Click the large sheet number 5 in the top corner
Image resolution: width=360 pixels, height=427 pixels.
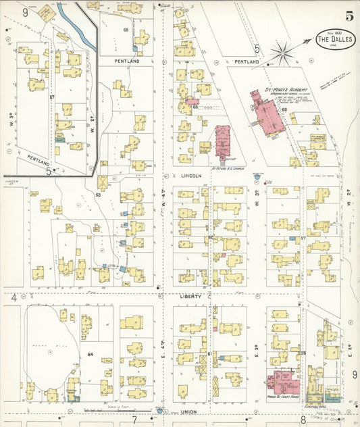point(349,16)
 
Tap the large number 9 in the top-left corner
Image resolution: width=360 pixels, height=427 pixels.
point(26,12)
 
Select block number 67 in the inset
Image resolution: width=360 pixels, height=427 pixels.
point(52,97)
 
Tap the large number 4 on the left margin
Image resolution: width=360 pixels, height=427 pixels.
point(14,297)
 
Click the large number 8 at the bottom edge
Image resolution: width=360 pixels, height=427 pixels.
point(304,420)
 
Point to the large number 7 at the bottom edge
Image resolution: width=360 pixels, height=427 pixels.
point(134,420)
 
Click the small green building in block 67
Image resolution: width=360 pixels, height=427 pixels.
point(59,138)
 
